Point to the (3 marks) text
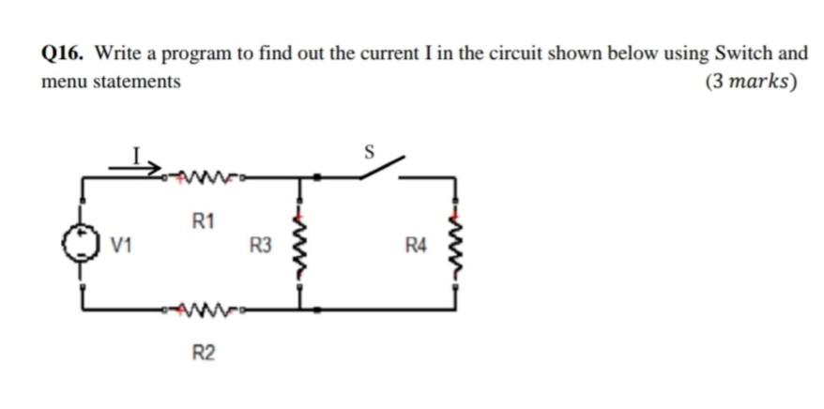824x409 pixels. (x=751, y=82)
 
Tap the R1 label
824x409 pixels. (x=203, y=222)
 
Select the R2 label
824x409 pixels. (x=203, y=353)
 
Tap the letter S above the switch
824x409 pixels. (x=369, y=149)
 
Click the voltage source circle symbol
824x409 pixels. (x=84, y=244)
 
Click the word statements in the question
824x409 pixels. (x=135, y=82)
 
